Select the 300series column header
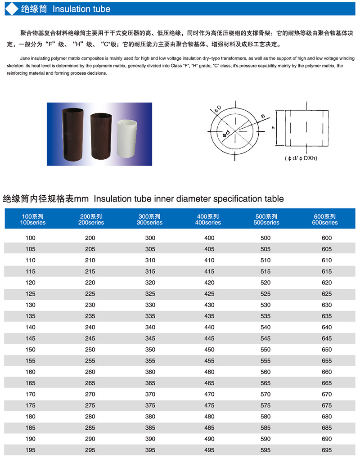tap(150, 220)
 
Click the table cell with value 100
tap(31, 238)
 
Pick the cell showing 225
tap(90, 294)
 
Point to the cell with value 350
tap(150, 350)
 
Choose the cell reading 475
tap(209, 405)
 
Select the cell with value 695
tap(327, 450)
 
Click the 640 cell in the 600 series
tap(327, 327)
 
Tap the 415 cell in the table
tap(209, 271)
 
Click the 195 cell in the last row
tap(31, 450)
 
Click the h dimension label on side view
tap(273, 127)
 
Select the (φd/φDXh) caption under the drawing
tap(301, 158)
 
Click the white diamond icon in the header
tap(12, 9)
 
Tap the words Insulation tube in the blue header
tap(81, 9)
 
